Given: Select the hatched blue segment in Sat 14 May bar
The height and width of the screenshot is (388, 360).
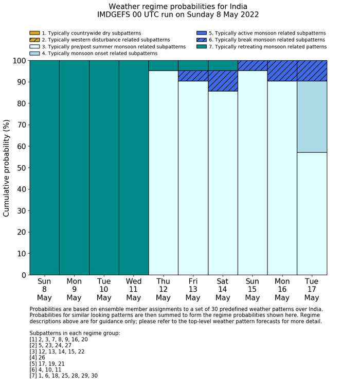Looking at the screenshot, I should (x=223, y=81).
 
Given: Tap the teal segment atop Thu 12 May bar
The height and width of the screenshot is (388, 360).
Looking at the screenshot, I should (x=163, y=65).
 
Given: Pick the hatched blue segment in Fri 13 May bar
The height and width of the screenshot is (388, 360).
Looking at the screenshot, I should (x=193, y=76).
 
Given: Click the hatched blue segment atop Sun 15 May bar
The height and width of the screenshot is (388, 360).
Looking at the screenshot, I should (x=253, y=65).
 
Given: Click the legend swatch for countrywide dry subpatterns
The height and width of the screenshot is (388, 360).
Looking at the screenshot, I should (x=34, y=33).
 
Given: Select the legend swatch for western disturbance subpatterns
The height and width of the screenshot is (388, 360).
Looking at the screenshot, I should (x=34, y=40).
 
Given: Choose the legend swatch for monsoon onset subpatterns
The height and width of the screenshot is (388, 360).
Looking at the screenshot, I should (x=34, y=54).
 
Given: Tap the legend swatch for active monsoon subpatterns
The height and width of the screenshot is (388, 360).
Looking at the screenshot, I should (x=202, y=33).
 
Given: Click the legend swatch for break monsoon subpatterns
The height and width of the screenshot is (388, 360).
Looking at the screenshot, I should (x=202, y=40).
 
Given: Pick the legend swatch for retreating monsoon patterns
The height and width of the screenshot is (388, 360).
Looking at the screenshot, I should (x=202, y=47).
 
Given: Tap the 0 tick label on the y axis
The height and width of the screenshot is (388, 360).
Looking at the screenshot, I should (x=23, y=275).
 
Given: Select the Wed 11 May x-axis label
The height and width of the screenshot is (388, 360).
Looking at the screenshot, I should (x=133, y=289).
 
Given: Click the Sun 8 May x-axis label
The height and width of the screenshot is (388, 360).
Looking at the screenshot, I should (x=44, y=289).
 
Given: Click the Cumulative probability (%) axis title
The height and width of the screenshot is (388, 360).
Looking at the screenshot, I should (x=7, y=168).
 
